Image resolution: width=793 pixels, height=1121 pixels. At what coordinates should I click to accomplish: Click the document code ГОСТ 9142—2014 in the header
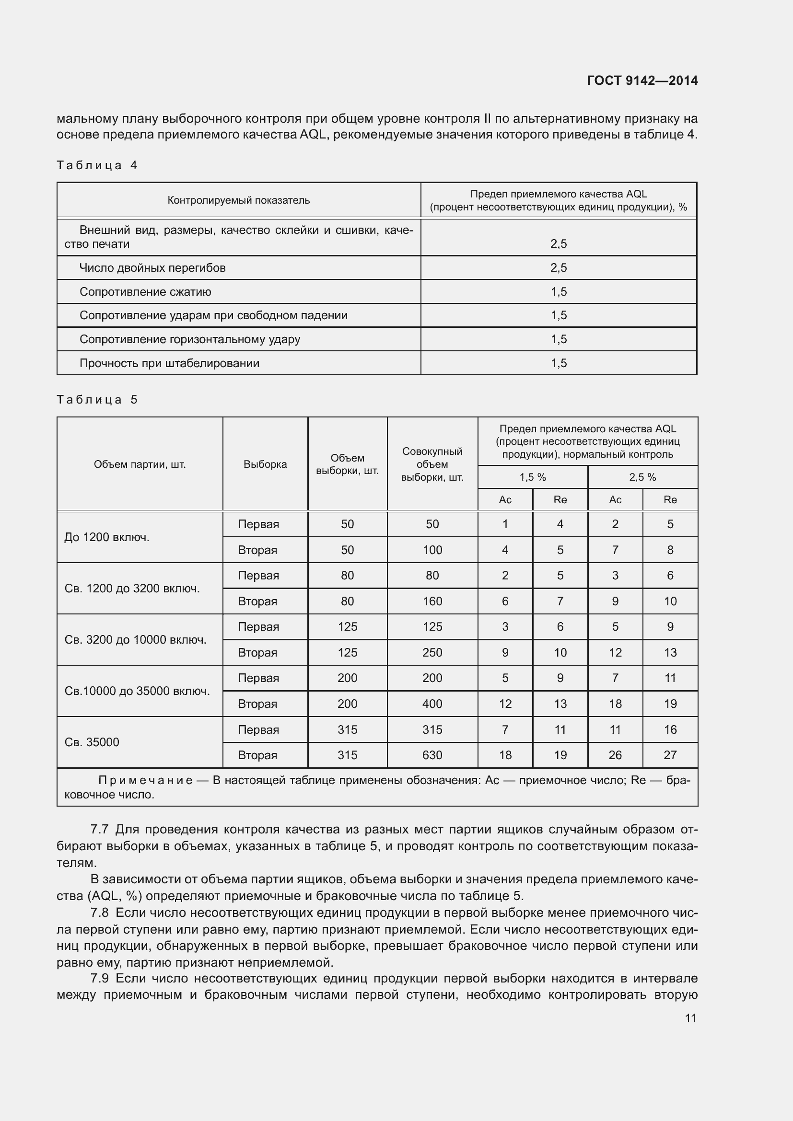(x=641, y=81)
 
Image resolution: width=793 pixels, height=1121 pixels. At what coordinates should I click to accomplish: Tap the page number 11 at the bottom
(x=690, y=1018)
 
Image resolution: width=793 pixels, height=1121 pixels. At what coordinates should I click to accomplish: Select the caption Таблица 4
(x=97, y=165)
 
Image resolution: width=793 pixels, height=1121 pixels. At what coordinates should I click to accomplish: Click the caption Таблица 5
(x=97, y=399)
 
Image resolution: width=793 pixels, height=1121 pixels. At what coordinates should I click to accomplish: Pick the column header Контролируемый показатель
(x=238, y=200)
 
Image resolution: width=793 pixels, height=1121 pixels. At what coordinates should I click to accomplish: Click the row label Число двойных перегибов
(x=152, y=267)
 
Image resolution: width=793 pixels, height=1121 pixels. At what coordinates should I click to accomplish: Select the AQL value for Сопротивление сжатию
(x=558, y=291)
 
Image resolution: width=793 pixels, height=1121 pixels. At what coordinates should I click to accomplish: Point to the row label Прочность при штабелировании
(x=169, y=363)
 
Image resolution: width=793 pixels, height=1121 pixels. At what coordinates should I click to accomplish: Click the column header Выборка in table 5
(x=265, y=464)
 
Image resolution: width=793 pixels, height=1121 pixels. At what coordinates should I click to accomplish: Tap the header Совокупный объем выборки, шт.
(x=432, y=464)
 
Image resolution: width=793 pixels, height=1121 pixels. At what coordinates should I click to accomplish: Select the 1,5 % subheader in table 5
(x=532, y=477)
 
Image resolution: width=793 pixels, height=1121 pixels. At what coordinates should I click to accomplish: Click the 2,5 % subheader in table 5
(x=642, y=477)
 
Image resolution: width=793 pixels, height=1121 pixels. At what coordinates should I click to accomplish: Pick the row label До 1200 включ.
(x=106, y=537)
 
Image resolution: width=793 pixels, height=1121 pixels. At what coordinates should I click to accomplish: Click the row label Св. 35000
(x=92, y=742)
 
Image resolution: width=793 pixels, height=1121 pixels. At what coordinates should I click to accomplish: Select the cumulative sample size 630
(x=432, y=755)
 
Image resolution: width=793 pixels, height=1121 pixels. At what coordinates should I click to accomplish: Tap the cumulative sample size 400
(x=432, y=704)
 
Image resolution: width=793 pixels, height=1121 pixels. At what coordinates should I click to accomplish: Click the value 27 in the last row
(x=670, y=755)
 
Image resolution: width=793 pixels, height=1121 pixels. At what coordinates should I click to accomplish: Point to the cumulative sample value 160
(x=432, y=601)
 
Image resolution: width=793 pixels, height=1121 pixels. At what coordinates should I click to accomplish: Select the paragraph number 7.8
(x=100, y=913)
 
